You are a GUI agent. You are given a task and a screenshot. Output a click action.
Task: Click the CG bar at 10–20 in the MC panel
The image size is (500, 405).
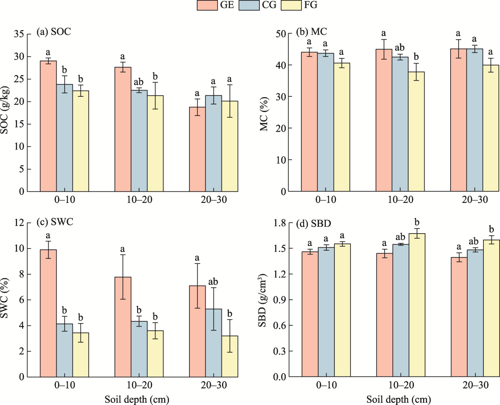(400, 124)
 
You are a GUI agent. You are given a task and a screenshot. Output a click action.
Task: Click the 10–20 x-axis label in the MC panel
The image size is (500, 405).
(400, 200)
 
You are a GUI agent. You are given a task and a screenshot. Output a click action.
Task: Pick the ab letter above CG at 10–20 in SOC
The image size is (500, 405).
(139, 82)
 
